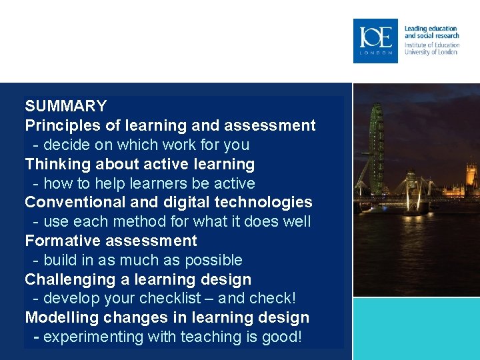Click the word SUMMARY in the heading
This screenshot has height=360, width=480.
pos(66,106)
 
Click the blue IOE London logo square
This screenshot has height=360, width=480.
pos(375,41)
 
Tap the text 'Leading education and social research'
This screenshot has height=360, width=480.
pos(431,32)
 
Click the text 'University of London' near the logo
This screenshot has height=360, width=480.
pos(431,52)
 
